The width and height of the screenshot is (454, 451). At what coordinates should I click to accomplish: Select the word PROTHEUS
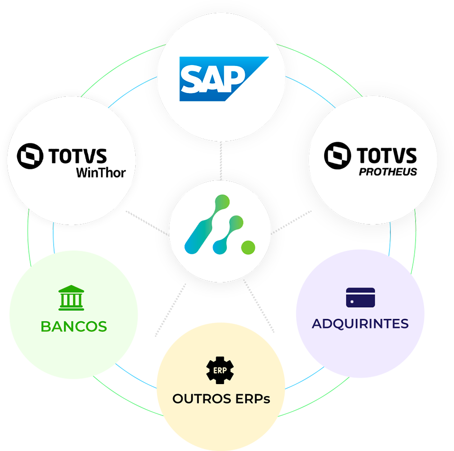point(388,171)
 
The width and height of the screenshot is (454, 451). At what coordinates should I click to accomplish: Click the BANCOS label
point(74,327)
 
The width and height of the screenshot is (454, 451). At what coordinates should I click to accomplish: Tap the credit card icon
point(361,297)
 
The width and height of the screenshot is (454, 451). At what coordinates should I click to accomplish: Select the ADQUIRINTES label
point(360,324)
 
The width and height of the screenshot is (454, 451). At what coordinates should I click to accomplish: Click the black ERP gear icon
point(220,370)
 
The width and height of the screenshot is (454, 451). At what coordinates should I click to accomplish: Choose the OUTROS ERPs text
point(221,399)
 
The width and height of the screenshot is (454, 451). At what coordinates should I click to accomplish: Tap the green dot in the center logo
point(248,247)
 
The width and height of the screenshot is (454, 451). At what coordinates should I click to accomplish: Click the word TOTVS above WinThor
point(77,156)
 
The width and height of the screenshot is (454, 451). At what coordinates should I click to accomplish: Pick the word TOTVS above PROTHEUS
point(387,156)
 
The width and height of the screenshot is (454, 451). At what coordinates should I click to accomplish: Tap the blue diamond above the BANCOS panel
point(52,241)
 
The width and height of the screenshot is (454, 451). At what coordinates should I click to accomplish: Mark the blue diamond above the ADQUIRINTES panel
point(393,248)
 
